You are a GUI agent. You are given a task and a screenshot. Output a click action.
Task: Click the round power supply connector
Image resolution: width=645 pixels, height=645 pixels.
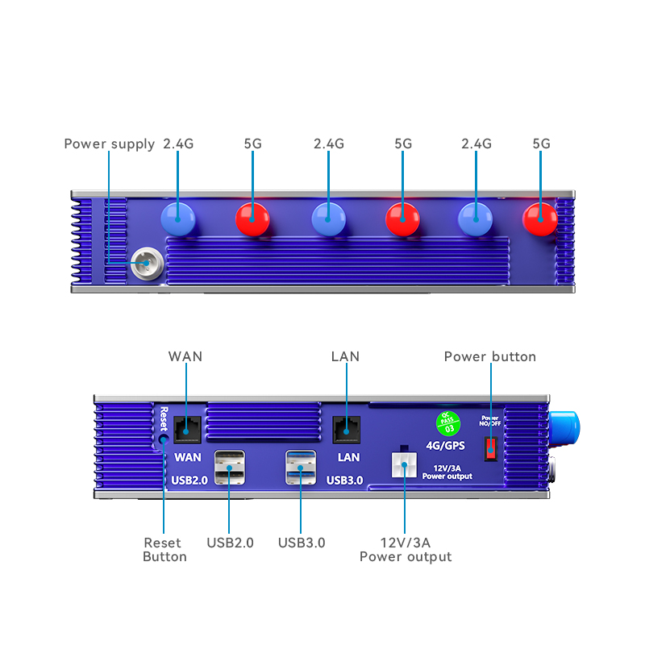[x=145, y=263]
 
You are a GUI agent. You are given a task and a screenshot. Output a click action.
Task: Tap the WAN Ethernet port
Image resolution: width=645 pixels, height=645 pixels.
[x=188, y=428]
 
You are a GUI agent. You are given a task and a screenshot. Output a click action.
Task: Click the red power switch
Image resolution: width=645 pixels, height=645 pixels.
[x=489, y=448]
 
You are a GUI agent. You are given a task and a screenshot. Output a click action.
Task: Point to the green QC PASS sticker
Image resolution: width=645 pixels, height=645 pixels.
[x=446, y=421]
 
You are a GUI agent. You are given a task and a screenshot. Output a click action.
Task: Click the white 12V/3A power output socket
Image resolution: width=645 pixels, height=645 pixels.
[x=403, y=465]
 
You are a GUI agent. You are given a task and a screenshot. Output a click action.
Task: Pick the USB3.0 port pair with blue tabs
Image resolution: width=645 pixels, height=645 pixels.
[x=300, y=468]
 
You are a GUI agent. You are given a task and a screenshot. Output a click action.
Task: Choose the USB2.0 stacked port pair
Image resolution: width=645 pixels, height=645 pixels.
[x=229, y=468]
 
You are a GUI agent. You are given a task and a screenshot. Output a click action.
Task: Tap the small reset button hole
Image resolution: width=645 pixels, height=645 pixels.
[x=164, y=439]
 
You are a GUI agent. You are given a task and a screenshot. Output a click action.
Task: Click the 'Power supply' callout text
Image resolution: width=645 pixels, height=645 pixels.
[x=109, y=144]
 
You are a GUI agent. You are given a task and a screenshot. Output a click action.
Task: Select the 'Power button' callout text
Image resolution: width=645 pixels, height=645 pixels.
[x=489, y=356]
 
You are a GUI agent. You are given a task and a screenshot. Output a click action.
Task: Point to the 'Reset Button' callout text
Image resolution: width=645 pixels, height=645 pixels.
[x=164, y=550]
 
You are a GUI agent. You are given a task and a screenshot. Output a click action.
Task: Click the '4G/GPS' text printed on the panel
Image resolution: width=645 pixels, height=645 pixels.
[x=446, y=444]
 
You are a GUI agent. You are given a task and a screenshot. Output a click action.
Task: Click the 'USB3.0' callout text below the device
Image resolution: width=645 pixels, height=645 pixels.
[x=302, y=543]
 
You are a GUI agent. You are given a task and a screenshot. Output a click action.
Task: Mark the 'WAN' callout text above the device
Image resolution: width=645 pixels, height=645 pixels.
[x=185, y=356]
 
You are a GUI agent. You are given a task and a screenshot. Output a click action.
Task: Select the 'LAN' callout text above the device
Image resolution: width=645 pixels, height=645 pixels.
[x=345, y=356]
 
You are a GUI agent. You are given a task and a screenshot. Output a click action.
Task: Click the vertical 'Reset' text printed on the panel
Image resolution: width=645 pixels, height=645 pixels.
[x=163, y=419]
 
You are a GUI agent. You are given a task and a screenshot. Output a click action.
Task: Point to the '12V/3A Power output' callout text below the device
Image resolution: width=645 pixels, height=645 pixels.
[x=406, y=550]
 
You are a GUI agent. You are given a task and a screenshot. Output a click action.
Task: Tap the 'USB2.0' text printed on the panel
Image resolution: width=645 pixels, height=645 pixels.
[x=191, y=481]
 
